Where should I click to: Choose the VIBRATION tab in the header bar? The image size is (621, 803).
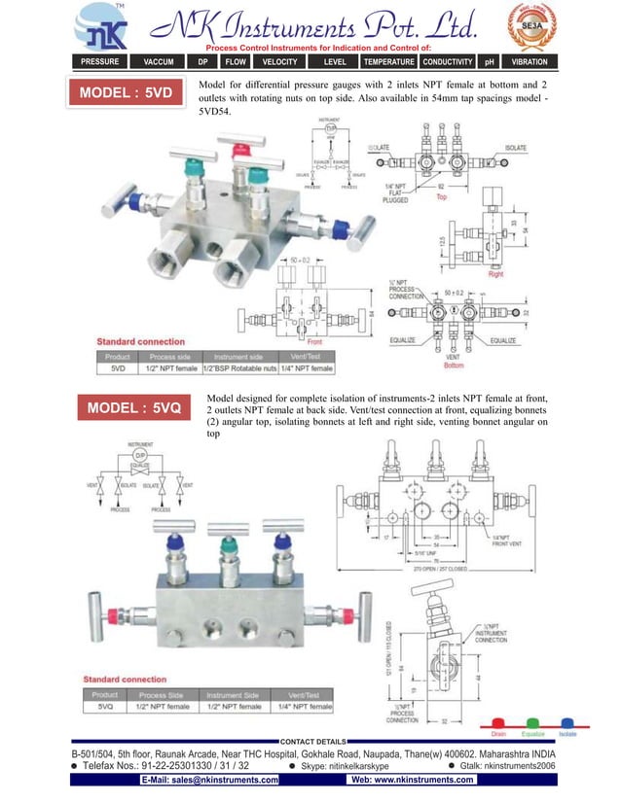point(530,61)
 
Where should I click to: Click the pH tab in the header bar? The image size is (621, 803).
point(490,61)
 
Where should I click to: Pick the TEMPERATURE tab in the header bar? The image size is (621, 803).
point(388,61)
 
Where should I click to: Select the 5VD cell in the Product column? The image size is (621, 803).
point(118,368)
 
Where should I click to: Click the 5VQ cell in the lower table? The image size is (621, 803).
point(105,707)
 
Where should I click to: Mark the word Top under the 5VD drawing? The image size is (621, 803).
point(441,196)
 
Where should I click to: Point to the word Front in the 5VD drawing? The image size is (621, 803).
point(313,342)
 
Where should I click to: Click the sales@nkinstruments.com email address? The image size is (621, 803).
point(209,780)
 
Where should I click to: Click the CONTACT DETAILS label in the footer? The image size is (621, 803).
point(312,742)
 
